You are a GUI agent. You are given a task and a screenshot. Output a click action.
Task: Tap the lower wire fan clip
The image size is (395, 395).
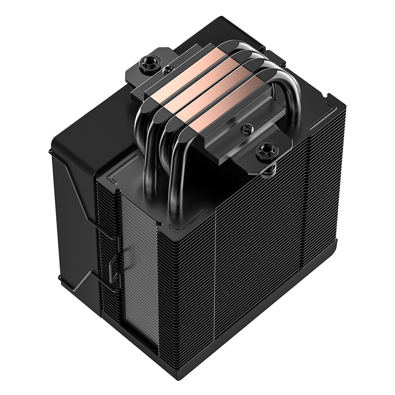111,267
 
